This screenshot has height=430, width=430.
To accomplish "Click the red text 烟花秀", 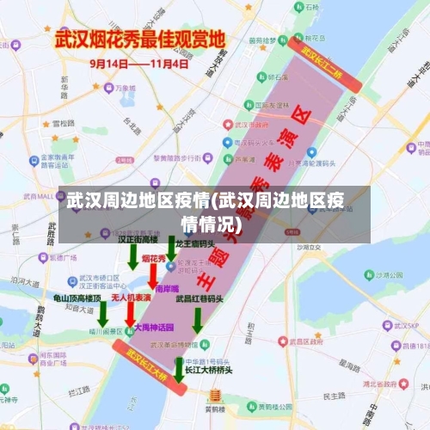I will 154,258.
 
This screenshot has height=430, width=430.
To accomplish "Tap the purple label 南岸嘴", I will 168,288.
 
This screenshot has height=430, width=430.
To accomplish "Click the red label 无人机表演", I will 132,298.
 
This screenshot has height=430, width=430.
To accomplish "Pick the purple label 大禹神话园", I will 155,328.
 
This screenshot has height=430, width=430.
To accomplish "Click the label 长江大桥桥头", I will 205,370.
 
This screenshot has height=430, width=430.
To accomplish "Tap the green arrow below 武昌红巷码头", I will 198,320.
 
